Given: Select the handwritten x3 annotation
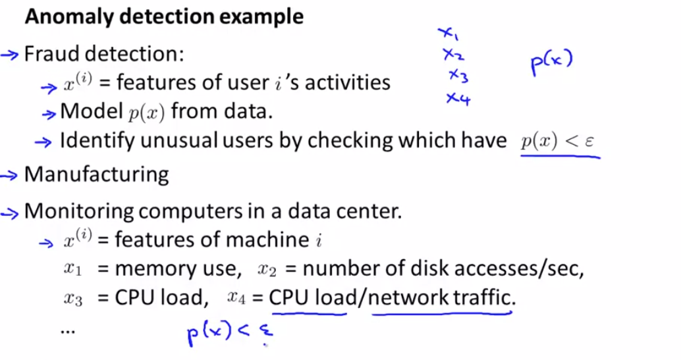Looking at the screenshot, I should point(458,76).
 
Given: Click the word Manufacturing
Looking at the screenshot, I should point(96,174).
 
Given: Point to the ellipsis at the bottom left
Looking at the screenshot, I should point(67,330).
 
